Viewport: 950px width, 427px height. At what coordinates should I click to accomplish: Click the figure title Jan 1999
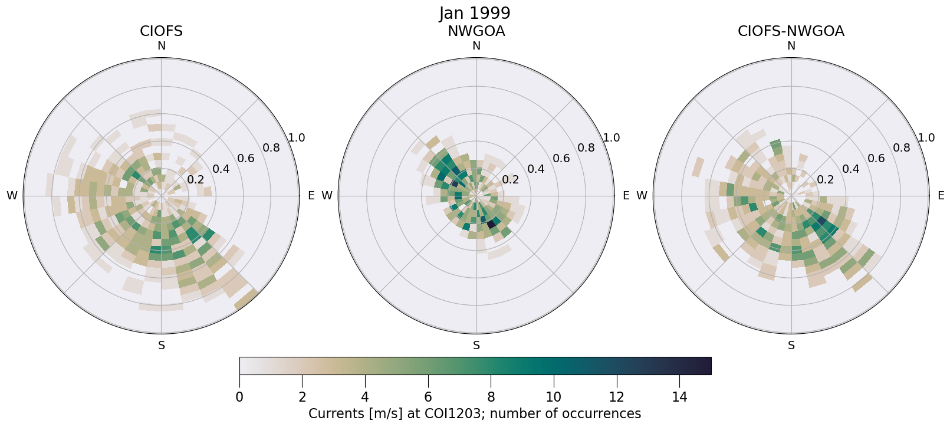475,13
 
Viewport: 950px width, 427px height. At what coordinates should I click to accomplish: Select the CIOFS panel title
161,31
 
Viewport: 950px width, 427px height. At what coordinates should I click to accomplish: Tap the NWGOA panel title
476,31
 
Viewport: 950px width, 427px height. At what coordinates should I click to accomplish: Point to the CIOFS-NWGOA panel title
791,31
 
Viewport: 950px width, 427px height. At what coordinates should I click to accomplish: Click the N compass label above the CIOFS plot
161,46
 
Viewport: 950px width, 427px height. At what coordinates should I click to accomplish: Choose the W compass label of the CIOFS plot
12,196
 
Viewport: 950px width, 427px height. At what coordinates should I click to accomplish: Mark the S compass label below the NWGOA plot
476,346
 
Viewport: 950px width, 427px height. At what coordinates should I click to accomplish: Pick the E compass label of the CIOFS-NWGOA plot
941,196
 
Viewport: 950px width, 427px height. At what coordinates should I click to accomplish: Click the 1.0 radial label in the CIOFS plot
296,138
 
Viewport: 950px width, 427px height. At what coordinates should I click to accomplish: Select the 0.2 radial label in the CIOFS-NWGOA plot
825,179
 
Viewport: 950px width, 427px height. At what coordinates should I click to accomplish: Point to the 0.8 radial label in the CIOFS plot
271,147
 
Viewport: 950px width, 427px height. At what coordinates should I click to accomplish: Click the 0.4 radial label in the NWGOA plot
535,169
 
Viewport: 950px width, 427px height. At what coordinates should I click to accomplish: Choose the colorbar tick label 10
554,397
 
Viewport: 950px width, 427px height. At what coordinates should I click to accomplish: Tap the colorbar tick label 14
679,397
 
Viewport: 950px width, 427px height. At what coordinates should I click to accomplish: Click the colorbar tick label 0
239,397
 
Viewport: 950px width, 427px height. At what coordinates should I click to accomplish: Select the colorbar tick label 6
428,397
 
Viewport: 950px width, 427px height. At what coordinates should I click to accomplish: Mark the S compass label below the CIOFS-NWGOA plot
791,346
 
